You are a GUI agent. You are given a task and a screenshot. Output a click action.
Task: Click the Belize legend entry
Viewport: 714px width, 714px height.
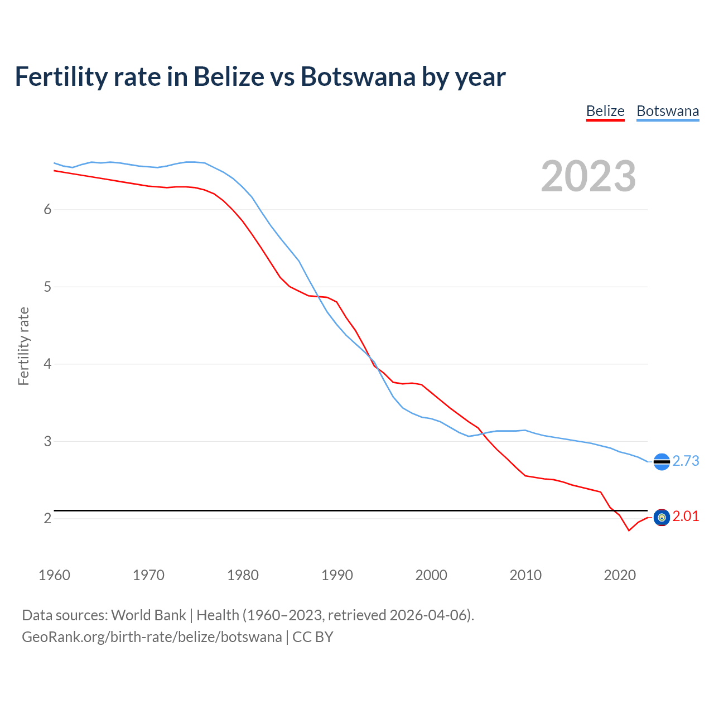(605, 111)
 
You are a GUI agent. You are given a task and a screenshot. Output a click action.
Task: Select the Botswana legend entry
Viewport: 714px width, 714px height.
(667, 111)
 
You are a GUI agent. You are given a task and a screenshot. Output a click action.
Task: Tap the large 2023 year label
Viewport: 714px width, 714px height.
(588, 176)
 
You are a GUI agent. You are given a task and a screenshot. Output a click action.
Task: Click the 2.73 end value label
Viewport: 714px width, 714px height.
(686, 461)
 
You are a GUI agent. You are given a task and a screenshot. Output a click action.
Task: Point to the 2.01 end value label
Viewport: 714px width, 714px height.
(686, 517)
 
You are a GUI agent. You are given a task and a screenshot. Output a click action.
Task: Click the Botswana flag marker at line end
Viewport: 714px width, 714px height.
(662, 462)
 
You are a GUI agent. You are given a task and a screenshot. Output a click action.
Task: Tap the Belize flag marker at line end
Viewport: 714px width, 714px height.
(662, 518)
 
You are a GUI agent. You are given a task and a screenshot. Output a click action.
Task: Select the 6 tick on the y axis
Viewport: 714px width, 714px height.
(47, 209)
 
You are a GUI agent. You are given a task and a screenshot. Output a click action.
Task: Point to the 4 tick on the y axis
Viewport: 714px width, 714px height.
(47, 364)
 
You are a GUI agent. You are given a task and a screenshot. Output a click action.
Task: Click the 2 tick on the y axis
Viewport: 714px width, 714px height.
(47, 518)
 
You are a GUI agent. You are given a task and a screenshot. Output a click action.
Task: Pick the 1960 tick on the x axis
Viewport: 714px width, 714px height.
(54, 575)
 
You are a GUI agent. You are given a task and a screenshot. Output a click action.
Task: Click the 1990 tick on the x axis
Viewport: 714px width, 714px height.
(337, 575)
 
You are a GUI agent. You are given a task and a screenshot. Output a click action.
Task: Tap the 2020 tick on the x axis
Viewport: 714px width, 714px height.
(620, 575)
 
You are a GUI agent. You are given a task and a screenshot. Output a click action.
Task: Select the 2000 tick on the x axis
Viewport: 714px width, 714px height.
(431, 575)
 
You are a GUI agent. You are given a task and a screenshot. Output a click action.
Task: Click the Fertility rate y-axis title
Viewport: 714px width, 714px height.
(23, 346)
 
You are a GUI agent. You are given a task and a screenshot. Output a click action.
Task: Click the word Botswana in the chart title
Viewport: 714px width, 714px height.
(358, 76)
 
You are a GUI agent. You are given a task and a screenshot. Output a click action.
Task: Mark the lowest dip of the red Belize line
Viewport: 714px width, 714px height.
(629, 530)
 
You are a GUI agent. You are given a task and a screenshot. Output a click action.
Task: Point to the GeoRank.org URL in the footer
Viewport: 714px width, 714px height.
(152, 637)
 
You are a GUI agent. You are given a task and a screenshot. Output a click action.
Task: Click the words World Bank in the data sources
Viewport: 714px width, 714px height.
(148, 615)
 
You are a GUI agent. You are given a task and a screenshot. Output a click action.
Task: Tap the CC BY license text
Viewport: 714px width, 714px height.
(313, 637)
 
